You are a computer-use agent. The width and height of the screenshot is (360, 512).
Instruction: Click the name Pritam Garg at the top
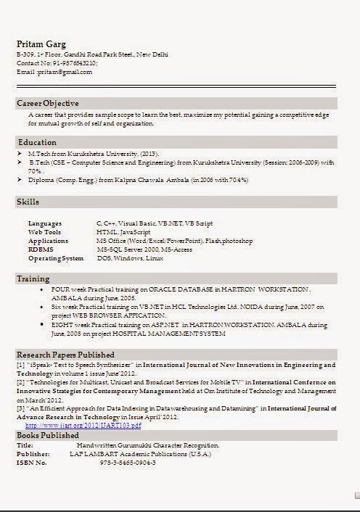pos(41,44)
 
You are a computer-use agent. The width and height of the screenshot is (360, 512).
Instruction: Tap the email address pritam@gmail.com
pos(65,72)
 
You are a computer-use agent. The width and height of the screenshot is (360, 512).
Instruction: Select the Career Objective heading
pos(48,104)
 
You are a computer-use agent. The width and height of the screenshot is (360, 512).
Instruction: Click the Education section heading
pos(37,142)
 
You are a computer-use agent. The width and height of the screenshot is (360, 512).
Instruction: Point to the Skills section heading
pos(28,202)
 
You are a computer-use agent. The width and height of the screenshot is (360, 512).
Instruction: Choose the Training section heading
pos(33,278)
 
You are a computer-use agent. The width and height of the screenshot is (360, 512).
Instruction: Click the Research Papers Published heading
pos(65,355)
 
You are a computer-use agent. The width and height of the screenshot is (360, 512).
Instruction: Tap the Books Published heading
pos(49,434)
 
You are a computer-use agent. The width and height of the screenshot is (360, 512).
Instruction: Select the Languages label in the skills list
pos(45,223)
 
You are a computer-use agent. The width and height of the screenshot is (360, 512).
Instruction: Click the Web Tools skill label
pos(44,232)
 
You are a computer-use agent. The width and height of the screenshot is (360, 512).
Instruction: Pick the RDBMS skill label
pos(41,249)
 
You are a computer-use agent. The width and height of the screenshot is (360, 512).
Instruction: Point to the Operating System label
pos(56,258)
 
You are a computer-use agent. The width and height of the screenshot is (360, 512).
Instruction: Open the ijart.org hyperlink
pos(83,425)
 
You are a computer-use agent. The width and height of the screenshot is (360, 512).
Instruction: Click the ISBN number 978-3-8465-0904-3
pos(128,462)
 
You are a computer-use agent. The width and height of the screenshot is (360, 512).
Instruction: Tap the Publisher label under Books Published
pos(33,453)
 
